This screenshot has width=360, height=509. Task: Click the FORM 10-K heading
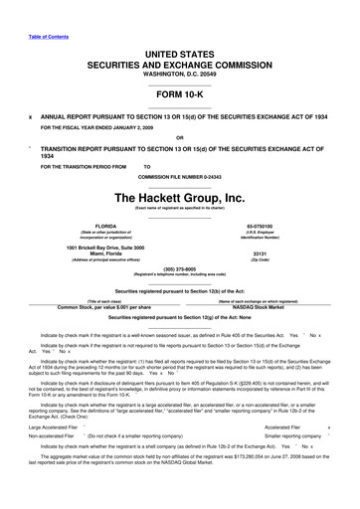[179, 98]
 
